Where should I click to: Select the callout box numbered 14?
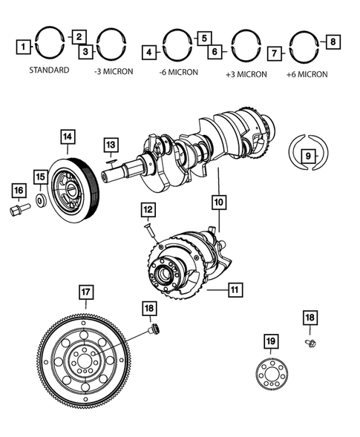pos(67,137)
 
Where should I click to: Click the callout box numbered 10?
pos(217,200)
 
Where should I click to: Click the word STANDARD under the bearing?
pos(49,70)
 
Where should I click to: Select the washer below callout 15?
pos(42,201)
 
